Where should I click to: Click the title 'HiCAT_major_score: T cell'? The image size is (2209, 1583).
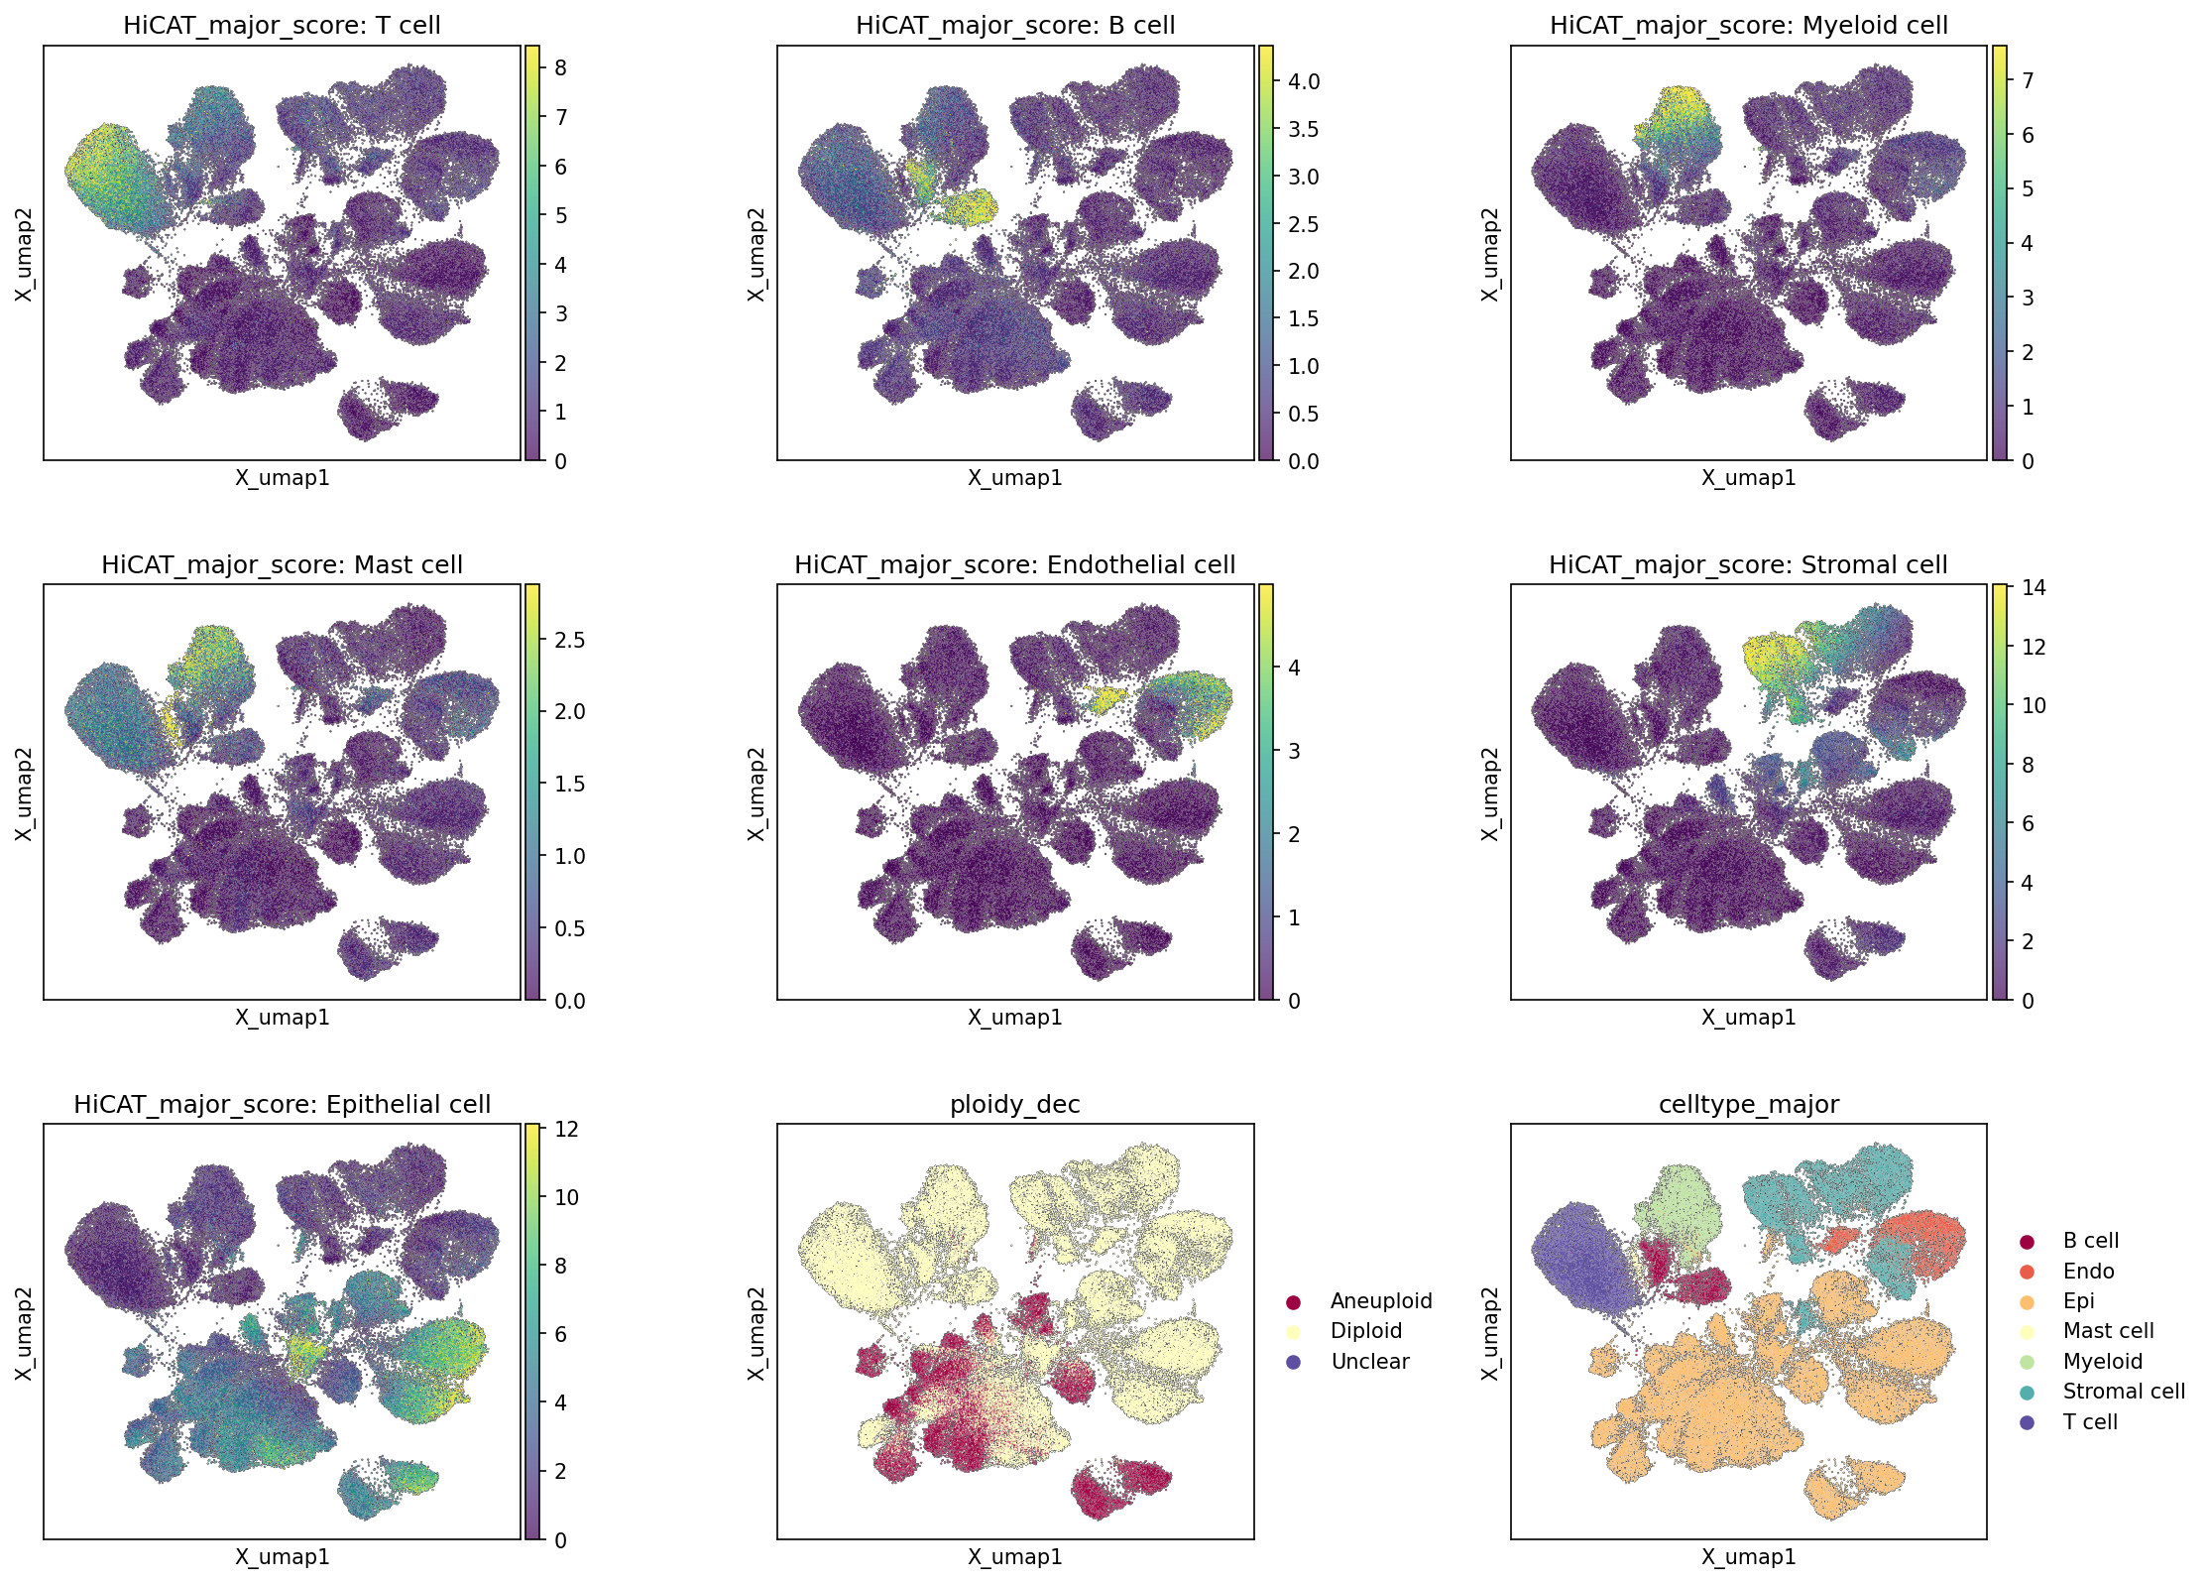[282, 26]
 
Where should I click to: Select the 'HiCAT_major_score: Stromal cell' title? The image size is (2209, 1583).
[1748, 565]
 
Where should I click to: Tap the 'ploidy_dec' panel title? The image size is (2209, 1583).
[1014, 1105]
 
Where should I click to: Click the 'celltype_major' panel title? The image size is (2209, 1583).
[1748, 1105]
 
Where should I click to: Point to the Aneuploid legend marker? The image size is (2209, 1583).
[1293, 1301]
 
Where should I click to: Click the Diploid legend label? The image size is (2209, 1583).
[1365, 1331]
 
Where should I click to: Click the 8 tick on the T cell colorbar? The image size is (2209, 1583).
[560, 67]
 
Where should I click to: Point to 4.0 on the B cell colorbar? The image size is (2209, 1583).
[1304, 81]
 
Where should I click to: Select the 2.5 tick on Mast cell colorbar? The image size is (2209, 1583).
[570, 640]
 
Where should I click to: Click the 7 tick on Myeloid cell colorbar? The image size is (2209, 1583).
[2028, 80]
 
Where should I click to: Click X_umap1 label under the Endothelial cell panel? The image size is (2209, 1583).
[1014, 1017]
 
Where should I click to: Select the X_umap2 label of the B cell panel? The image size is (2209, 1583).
[757, 254]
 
